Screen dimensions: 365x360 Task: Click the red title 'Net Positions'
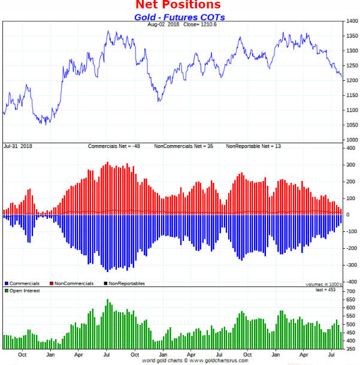179,6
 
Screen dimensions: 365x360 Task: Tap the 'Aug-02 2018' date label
163,25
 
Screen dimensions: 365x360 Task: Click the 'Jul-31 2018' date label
17,146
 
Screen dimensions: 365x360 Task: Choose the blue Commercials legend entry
22,283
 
